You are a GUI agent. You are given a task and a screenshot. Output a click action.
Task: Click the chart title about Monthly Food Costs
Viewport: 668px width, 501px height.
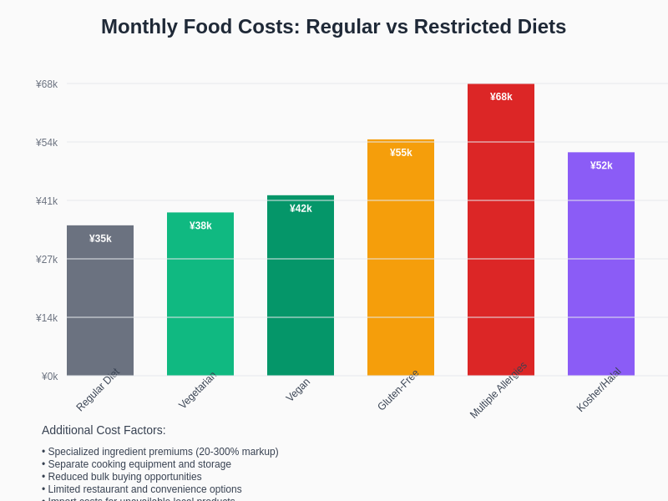click(x=333, y=27)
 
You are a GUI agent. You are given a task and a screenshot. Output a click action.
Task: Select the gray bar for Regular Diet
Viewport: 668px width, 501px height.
click(x=100, y=309)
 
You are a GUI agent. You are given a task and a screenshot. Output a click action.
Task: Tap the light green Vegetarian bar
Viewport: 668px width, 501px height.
click(x=200, y=301)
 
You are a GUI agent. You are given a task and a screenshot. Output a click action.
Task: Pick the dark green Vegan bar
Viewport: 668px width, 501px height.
click(x=301, y=292)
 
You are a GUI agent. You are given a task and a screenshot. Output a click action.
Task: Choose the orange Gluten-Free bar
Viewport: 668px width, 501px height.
click(x=401, y=267)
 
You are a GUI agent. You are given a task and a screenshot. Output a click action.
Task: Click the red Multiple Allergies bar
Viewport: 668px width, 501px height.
click(x=501, y=234)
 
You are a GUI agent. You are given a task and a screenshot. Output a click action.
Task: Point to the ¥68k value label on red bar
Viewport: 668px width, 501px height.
click(x=501, y=97)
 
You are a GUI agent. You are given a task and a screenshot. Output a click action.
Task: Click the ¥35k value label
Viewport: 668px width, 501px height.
click(x=100, y=239)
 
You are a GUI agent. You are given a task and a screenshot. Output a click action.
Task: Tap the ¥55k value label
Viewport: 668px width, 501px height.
click(x=401, y=153)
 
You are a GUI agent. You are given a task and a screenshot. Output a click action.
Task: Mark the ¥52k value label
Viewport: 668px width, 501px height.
click(x=601, y=165)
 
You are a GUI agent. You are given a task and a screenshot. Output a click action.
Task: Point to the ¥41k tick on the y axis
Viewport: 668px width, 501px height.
click(x=47, y=201)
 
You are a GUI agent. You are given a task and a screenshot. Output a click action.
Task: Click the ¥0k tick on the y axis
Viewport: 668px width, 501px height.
click(x=49, y=377)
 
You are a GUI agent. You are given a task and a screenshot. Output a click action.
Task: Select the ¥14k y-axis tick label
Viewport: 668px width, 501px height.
click(x=47, y=318)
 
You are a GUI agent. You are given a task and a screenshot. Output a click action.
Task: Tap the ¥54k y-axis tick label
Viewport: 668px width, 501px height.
click(x=47, y=143)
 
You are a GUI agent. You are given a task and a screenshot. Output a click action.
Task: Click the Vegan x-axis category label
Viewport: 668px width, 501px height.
click(x=298, y=390)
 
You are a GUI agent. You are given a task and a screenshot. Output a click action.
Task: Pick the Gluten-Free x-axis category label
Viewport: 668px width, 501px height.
click(x=398, y=390)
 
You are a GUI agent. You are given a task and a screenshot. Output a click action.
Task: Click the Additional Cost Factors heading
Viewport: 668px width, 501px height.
click(x=104, y=430)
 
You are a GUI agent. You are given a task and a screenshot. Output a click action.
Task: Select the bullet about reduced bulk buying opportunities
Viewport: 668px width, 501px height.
click(x=124, y=477)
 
